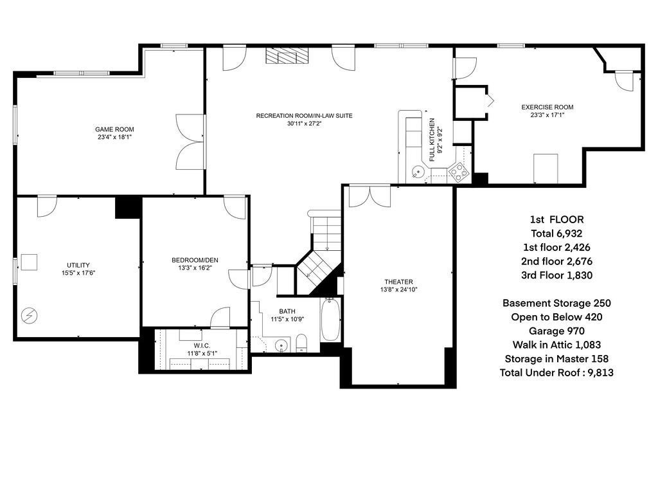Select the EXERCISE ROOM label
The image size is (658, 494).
point(547,107)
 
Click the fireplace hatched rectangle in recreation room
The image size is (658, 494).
point(287,56)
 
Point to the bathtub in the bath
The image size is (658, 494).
point(329,320)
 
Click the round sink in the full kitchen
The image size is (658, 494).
point(418,172)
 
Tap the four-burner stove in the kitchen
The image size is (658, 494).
point(459,170)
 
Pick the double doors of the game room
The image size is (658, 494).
point(191,142)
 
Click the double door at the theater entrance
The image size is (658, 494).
point(369,196)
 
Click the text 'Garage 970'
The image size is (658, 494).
point(556,331)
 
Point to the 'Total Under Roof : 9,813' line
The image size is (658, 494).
point(556,372)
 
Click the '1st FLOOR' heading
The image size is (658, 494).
point(556,219)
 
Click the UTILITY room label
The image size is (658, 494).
point(78,265)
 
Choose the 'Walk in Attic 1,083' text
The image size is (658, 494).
point(556,345)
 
